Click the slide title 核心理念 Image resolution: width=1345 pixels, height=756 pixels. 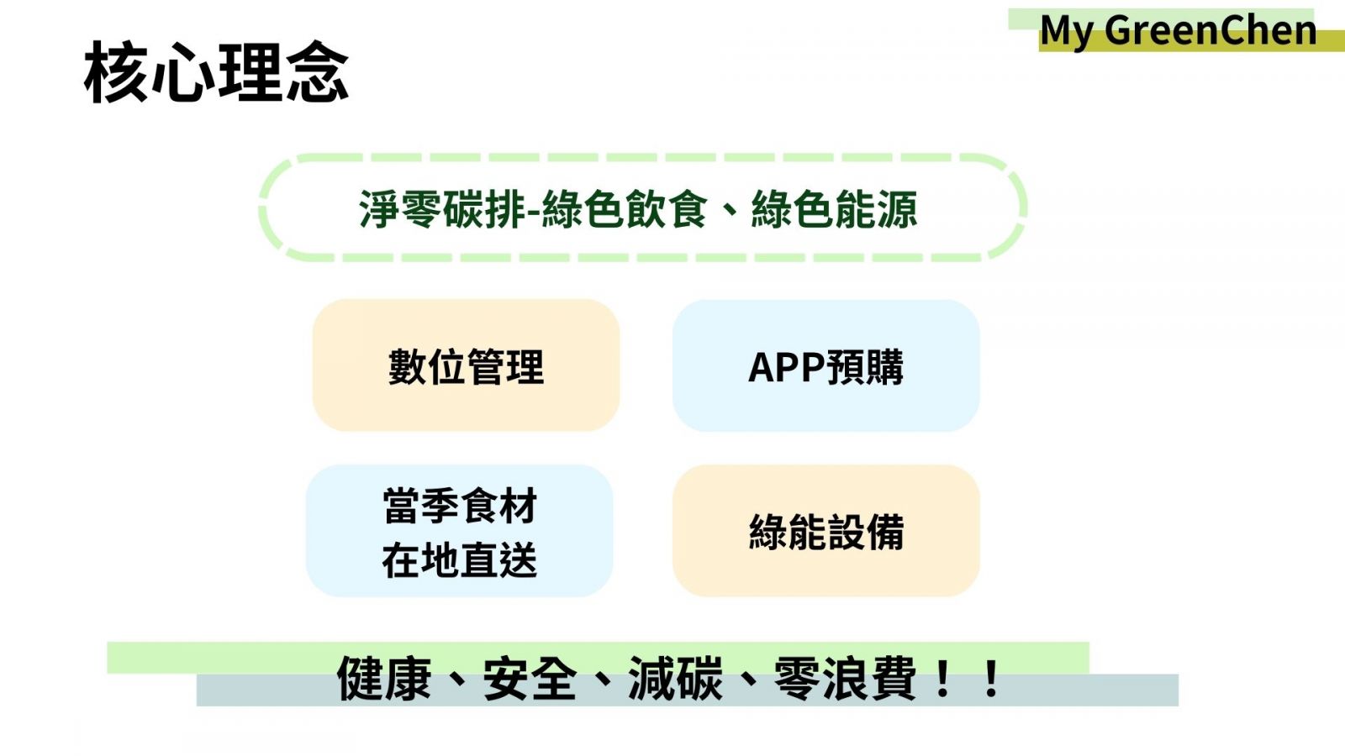216,72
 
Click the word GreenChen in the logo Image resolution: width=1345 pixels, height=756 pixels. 1210,30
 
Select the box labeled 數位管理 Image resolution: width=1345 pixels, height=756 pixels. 466,365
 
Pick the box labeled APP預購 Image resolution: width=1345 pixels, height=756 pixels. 826,365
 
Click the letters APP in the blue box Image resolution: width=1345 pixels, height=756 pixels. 787,367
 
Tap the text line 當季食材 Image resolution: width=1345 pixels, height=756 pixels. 460,506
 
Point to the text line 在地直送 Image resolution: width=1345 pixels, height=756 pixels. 460,559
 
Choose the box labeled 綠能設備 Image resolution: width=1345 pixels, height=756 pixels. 826,530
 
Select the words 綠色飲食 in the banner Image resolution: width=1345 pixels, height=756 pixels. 625,209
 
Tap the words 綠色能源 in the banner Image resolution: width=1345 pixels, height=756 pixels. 834,209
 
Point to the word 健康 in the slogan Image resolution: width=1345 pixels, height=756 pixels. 384,679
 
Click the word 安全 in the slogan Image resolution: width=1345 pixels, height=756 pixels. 530,679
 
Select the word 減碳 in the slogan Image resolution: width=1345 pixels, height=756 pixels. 675,679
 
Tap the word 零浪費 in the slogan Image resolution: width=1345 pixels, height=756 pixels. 845,679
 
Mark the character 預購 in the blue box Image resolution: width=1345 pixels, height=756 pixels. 865,366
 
